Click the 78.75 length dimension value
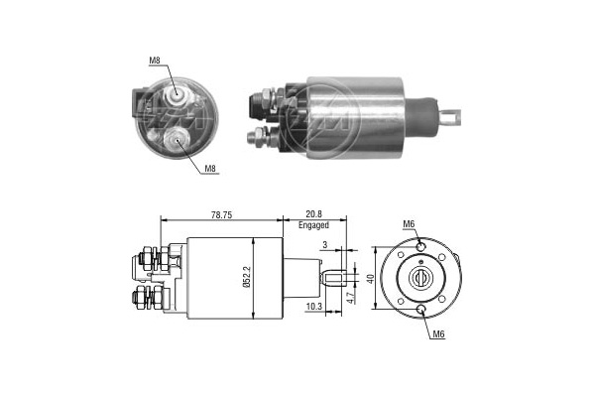(x=221, y=214)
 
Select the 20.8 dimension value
(x=313, y=214)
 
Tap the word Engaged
(x=313, y=225)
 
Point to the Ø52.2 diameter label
(x=247, y=278)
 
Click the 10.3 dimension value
(x=313, y=307)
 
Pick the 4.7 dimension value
(x=351, y=297)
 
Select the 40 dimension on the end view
(x=370, y=279)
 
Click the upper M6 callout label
(x=409, y=224)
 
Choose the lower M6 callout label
(x=438, y=333)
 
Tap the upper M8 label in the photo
(x=155, y=60)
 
